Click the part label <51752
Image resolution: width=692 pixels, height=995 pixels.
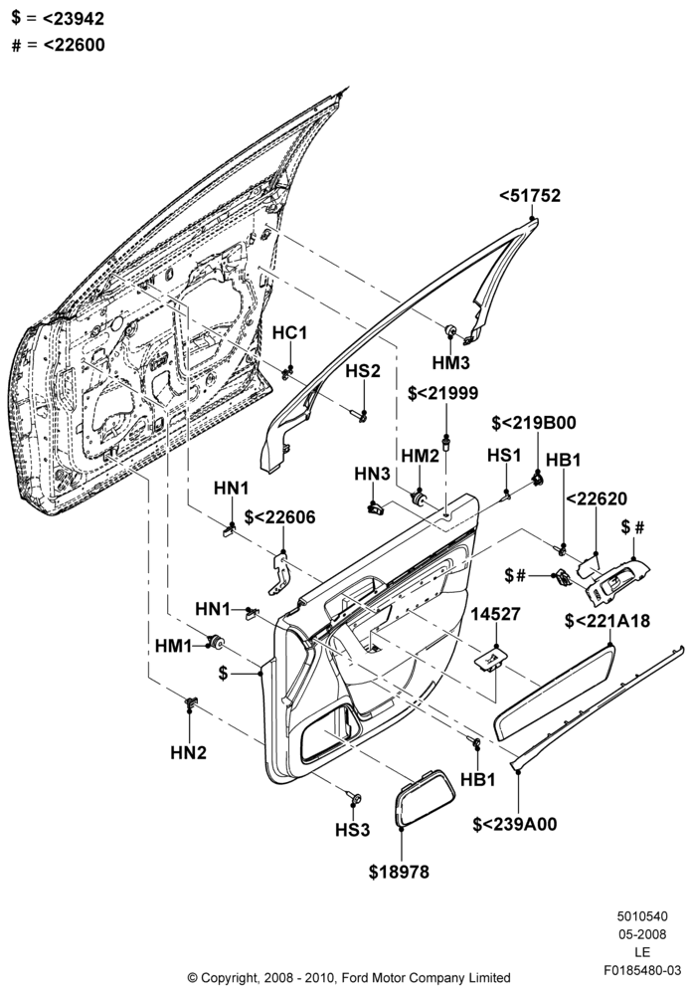pyautogui.click(x=530, y=195)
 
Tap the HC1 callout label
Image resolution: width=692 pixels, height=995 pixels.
pyautogui.click(x=290, y=332)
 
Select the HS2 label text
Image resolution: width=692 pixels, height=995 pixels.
pyautogui.click(x=363, y=370)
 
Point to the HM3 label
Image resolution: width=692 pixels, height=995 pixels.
pyautogui.click(x=451, y=363)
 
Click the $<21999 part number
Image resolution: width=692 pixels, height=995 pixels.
pyautogui.click(x=443, y=393)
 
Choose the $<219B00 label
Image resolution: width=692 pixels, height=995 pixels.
pyautogui.click(x=534, y=423)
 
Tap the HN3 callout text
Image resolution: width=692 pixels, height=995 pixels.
pyautogui.click(x=372, y=474)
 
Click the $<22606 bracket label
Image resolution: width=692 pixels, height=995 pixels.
pyautogui.click(x=279, y=517)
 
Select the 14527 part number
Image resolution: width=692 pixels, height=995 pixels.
pyautogui.click(x=495, y=614)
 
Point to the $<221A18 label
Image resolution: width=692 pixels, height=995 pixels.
pyautogui.click(x=607, y=621)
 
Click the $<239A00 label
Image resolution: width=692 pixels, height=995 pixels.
pyautogui.click(x=515, y=824)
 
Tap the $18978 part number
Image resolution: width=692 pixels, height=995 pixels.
pyautogui.click(x=399, y=872)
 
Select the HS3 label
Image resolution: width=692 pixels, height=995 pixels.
pyautogui.click(x=353, y=830)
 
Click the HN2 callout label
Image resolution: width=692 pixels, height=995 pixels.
pyautogui.click(x=188, y=752)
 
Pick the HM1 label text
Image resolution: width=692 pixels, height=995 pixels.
pyautogui.click(x=173, y=646)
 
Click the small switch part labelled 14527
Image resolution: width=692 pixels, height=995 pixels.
pyautogui.click(x=491, y=660)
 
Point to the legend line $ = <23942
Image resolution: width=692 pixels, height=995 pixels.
pyautogui.click(x=58, y=18)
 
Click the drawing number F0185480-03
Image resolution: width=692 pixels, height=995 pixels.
pyautogui.click(x=642, y=971)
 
